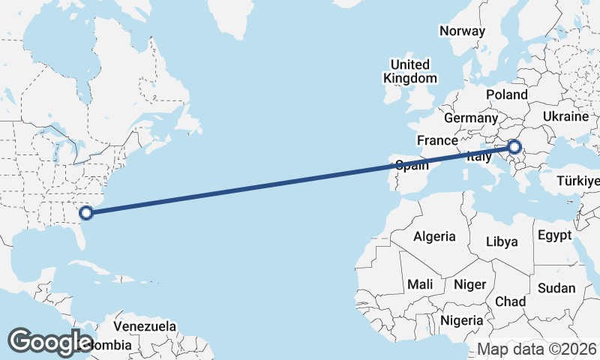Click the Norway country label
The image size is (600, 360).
(x=462, y=31)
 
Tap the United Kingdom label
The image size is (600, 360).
(x=409, y=71)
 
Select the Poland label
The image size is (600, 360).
(x=507, y=94)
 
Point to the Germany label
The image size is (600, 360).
(x=470, y=118)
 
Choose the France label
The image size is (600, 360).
(x=437, y=140)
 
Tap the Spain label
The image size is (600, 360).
(x=412, y=165)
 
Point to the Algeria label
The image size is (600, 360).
(x=434, y=236)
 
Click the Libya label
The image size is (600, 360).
(x=502, y=241)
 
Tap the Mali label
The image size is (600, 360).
(x=420, y=285)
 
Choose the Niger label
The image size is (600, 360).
(x=469, y=285)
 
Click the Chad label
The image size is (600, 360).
(x=510, y=301)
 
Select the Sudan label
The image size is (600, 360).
(x=556, y=288)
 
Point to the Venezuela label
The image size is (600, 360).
(x=145, y=326)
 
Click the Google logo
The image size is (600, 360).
(x=50, y=341)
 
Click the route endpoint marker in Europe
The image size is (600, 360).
(x=514, y=147)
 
